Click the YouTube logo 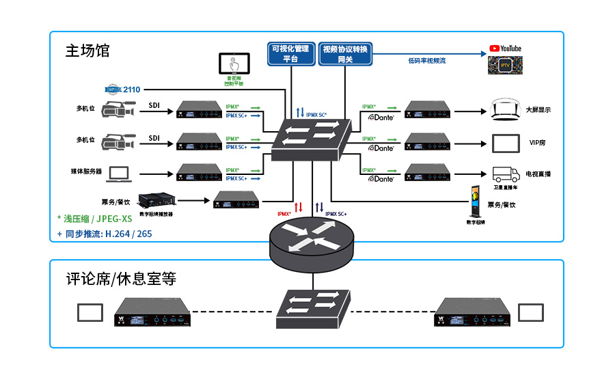point(505,49)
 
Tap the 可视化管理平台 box point(290,53)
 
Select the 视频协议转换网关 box point(345,53)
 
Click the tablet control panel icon point(234,64)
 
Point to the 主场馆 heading point(87,51)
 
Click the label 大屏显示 point(538,109)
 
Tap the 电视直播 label point(538,174)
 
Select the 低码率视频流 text point(426,61)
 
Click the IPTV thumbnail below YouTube point(504,66)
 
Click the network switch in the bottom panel point(312,307)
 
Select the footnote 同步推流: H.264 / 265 point(105,234)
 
